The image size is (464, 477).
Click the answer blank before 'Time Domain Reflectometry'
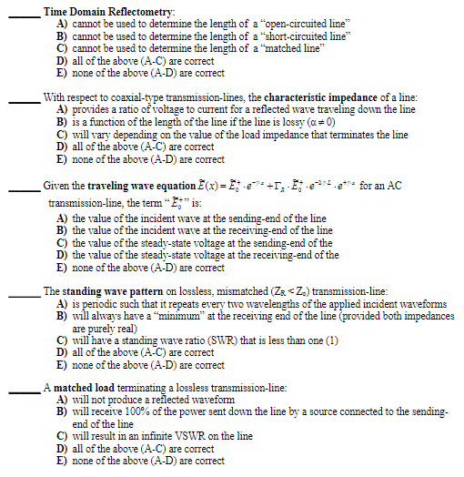(23, 12)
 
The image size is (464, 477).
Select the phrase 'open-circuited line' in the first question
(303, 22)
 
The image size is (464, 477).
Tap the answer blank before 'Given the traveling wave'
(23, 188)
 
